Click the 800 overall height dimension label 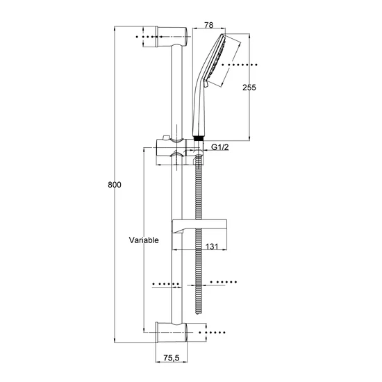tap(115, 185)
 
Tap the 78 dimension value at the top tap(209, 25)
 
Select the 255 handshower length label tap(249, 88)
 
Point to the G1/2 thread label tap(220, 147)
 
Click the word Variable tap(144, 240)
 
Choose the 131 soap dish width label tap(212, 247)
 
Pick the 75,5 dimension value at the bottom tap(172, 358)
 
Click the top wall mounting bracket tap(172, 37)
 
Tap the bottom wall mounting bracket tap(172, 332)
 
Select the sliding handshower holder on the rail tap(179, 151)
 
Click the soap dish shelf tap(199, 226)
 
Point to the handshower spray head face tap(215, 58)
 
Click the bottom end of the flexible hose tap(199, 313)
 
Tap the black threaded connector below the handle tap(199, 139)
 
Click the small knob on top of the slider tap(166, 138)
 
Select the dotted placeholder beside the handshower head tap(240, 65)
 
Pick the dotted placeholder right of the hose tap(224, 282)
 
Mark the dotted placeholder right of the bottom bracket tap(212, 332)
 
